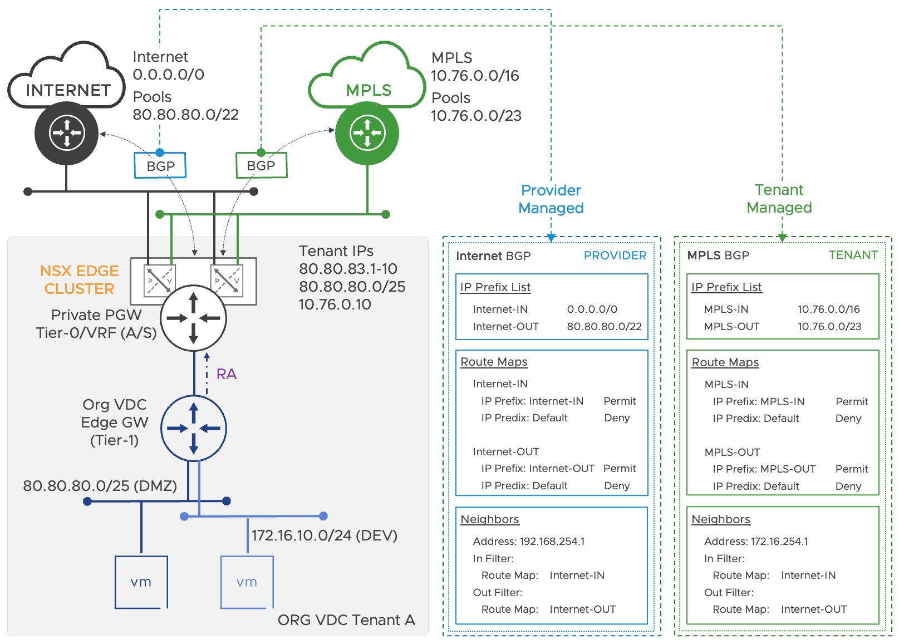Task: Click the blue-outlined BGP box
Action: point(160,166)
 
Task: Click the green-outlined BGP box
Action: point(261,165)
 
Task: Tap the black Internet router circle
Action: point(67,133)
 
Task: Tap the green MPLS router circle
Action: point(367,133)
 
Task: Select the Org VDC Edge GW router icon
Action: point(194,428)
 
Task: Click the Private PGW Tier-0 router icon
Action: point(193,318)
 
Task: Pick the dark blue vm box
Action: point(141,582)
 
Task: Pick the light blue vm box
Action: point(247,582)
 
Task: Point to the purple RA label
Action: point(226,374)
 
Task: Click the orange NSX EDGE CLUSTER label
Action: point(79,280)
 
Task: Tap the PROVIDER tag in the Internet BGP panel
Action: point(615,255)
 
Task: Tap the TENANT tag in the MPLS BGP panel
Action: point(853,255)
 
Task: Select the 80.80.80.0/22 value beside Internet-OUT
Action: point(604,327)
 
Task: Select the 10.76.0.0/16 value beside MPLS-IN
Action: point(828,309)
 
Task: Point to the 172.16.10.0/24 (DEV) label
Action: point(324,535)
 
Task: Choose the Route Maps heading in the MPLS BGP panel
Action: point(725,362)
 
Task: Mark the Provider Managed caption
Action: point(551,199)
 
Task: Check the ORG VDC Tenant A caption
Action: point(346,620)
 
